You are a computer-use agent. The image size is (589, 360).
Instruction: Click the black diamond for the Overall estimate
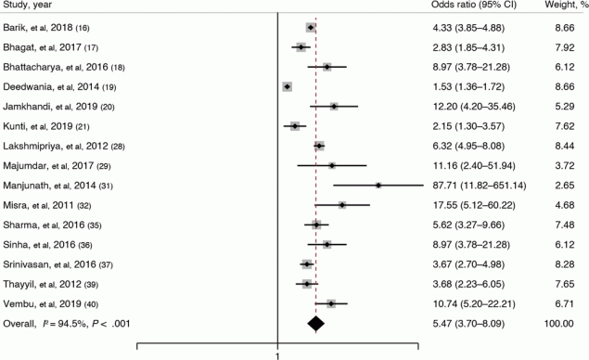[x=315, y=323]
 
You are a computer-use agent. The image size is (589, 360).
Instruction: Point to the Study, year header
[x=32, y=8]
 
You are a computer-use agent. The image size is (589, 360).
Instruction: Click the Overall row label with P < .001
[x=63, y=323]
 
